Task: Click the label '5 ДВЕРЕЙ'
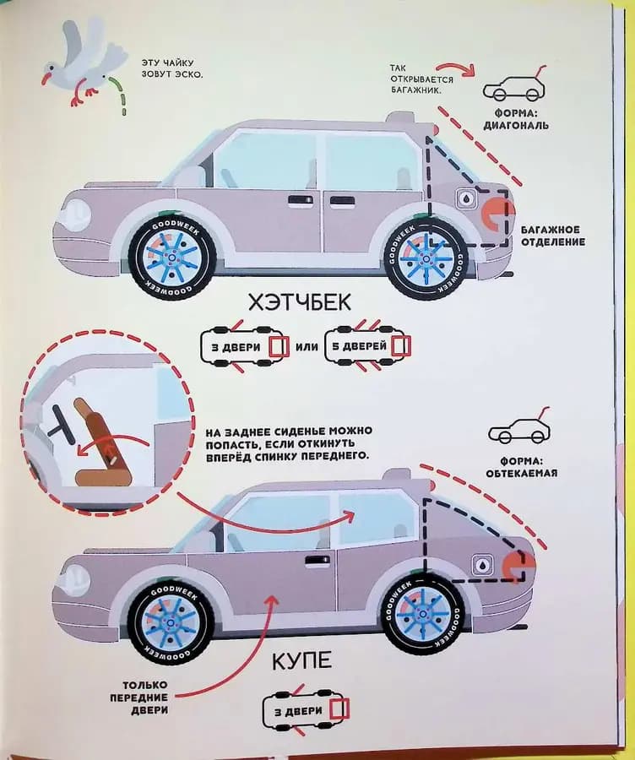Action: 365,346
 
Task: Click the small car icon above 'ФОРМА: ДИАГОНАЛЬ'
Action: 513,87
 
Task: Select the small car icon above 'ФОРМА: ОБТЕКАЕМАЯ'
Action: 518,432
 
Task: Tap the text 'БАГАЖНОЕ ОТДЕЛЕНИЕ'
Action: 552,236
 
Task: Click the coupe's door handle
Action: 317,559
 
